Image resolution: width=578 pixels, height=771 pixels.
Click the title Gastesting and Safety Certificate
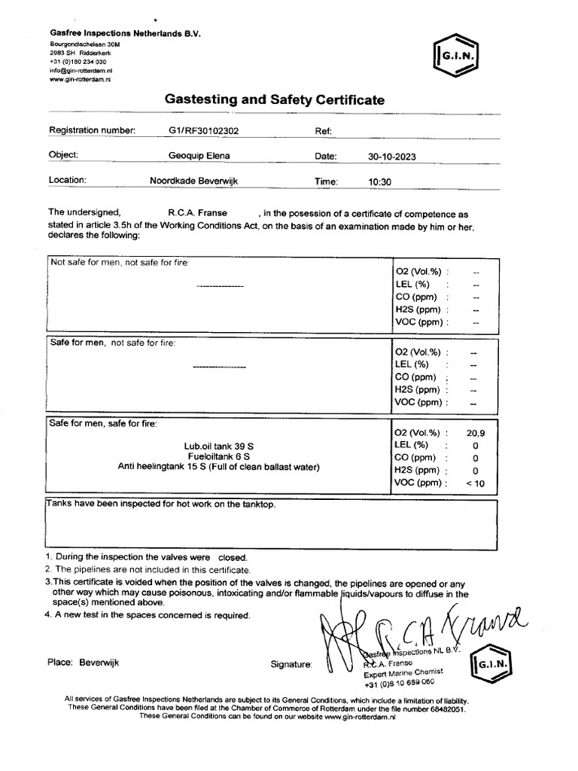click(x=274, y=99)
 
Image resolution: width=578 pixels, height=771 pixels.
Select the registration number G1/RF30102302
click(x=204, y=130)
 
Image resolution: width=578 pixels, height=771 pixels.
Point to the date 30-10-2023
click(x=391, y=157)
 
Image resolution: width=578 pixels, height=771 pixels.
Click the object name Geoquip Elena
click(x=199, y=155)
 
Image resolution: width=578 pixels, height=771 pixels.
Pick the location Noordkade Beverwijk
click(x=194, y=181)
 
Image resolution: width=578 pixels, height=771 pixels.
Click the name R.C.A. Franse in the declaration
click(x=198, y=213)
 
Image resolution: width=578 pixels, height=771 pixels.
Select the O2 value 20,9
click(x=476, y=433)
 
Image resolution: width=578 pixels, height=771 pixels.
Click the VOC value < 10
click(x=475, y=483)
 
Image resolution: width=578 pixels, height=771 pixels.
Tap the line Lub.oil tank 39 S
click(x=218, y=446)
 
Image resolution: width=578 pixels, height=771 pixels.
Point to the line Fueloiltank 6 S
click(x=218, y=456)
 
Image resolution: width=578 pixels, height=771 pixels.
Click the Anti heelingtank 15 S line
click(x=218, y=467)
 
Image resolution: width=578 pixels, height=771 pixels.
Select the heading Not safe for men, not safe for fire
click(x=120, y=262)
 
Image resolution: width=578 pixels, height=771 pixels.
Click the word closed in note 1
click(x=232, y=558)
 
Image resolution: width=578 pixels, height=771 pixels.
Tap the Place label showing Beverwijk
click(x=83, y=663)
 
